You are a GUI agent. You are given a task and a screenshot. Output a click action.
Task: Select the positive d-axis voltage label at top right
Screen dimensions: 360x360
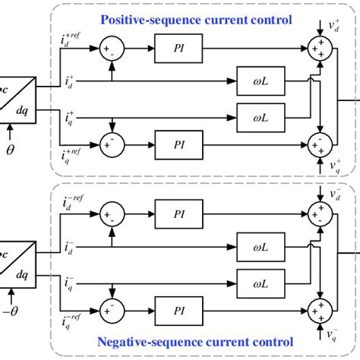tap(336, 29)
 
